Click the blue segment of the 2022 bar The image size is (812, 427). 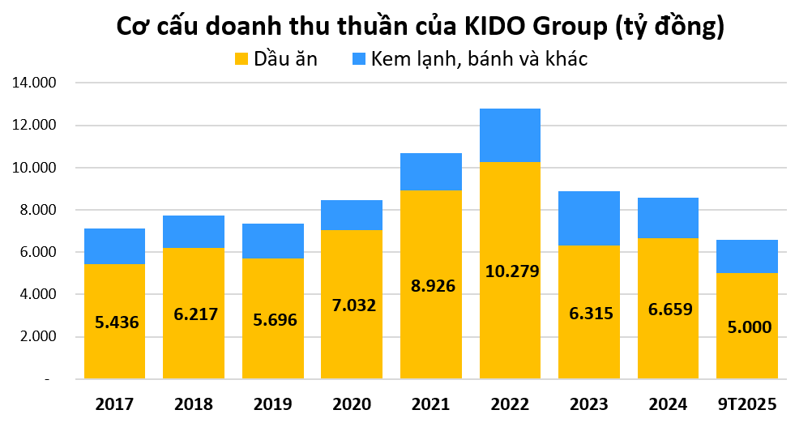(510, 135)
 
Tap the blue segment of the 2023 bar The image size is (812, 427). (589, 218)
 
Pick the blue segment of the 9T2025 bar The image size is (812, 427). (747, 256)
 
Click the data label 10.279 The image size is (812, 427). (510, 271)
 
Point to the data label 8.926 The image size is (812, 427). (431, 285)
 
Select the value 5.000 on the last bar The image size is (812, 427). (747, 327)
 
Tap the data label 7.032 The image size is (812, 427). (352, 305)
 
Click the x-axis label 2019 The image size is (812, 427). (272, 404)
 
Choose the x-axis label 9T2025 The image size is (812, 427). (747, 404)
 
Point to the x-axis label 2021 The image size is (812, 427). (431, 404)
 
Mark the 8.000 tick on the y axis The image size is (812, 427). (35, 210)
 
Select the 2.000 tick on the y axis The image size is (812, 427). (35, 336)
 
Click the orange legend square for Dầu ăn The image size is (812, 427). (241, 58)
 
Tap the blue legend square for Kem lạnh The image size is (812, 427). (359, 58)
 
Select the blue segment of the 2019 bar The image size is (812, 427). (272, 241)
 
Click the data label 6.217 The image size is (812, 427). (194, 314)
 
